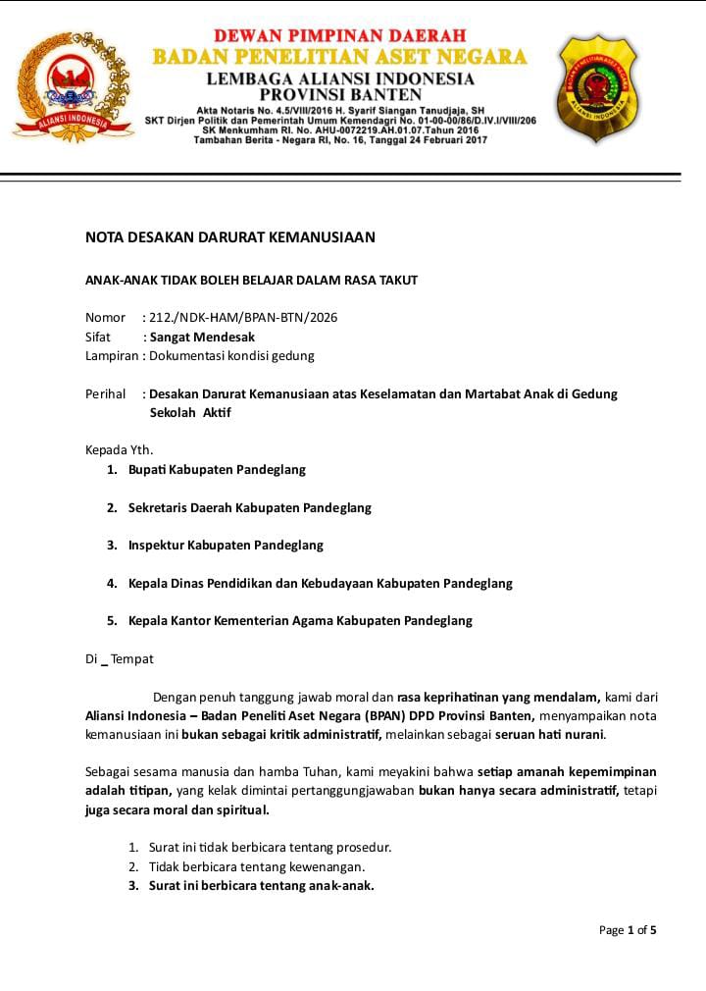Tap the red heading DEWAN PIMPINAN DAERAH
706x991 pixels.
pyautogui.click(x=340, y=36)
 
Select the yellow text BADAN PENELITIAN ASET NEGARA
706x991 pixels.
pyautogui.click(x=340, y=57)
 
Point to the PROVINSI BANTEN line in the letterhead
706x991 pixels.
pyautogui.click(x=340, y=94)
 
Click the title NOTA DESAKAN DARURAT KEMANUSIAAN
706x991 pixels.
pyautogui.click(x=230, y=237)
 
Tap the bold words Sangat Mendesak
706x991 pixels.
pyautogui.click(x=202, y=337)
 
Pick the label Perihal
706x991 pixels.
pyautogui.click(x=106, y=393)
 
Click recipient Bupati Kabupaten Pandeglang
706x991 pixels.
pyautogui.click(x=217, y=470)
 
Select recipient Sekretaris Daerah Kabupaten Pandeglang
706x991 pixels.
pyautogui.click(x=249, y=508)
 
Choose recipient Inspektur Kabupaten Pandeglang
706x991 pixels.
pyautogui.click(x=226, y=545)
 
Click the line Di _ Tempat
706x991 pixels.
pyautogui.click(x=119, y=659)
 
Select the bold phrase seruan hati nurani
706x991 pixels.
pyautogui.click(x=550, y=734)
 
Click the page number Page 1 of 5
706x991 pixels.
pyautogui.click(x=628, y=930)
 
